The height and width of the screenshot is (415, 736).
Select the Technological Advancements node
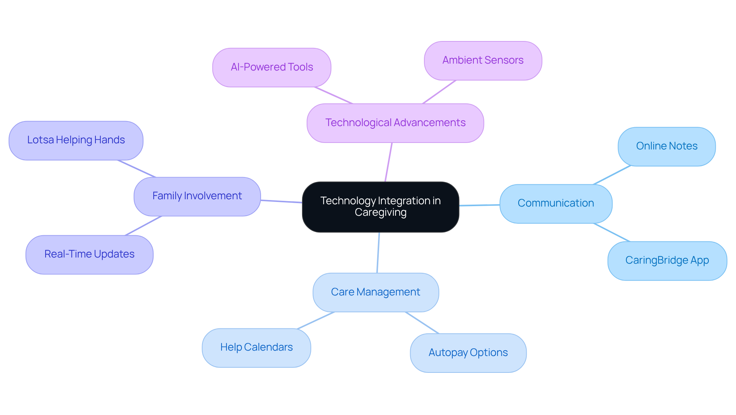[395, 123]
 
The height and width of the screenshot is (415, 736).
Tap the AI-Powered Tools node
[272, 67]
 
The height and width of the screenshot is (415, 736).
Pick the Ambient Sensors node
[483, 61]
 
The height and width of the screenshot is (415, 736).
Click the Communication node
[556, 203]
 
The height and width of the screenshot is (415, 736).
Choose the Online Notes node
[667, 146]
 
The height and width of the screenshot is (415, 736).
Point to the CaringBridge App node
[667, 261]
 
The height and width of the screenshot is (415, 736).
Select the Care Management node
[376, 292]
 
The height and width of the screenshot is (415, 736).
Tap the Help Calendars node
[256, 348]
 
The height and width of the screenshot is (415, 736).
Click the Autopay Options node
[468, 353]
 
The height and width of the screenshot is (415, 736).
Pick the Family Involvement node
[197, 196]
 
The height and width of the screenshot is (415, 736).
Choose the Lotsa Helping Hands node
[76, 140]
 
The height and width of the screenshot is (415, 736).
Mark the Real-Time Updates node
[89, 254]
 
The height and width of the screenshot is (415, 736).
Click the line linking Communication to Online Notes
[612, 175]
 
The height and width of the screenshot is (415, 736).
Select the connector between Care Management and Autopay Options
[422, 323]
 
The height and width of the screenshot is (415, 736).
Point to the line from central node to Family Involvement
[281, 201]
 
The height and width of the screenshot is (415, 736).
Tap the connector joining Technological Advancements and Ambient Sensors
[439, 92]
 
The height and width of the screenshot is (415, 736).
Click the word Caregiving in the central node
[380, 213]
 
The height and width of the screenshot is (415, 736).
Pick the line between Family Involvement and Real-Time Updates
[143, 226]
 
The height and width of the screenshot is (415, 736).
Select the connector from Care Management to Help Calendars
[316, 320]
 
